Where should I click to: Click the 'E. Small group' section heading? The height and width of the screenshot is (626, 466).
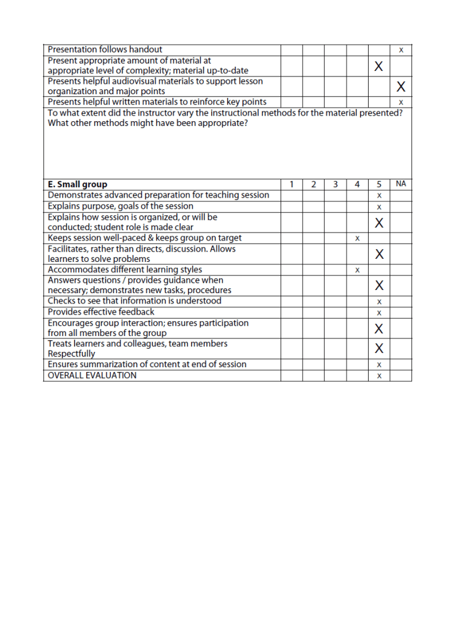coord(77,184)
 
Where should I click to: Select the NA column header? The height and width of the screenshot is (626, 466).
coord(401,183)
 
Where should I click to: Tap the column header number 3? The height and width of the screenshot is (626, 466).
coord(335,184)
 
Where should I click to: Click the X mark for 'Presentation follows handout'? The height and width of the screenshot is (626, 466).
coord(401,50)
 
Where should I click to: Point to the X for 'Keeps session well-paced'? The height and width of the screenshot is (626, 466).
coord(357,238)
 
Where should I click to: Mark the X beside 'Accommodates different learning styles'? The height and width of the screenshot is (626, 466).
coord(357,270)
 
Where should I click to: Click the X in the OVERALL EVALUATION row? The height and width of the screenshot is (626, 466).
coord(379,376)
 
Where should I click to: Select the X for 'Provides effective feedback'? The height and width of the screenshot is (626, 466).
coord(379,313)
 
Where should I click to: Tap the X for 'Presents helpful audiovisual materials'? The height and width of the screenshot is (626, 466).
coord(401,86)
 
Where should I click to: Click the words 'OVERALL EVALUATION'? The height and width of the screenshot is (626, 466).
coord(92,375)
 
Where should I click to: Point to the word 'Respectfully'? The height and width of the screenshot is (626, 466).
coord(72,354)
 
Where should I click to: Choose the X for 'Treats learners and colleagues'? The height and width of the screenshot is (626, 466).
coord(379,349)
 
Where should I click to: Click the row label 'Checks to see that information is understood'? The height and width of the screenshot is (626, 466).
coord(135,301)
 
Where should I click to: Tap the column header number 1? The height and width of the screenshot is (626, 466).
coord(291,184)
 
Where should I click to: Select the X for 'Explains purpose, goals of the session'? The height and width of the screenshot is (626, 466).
coord(379,207)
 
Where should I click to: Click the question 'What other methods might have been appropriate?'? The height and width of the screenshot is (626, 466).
coord(148,123)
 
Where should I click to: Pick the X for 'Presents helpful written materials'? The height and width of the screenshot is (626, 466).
coord(401,102)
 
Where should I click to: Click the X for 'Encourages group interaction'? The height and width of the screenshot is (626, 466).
coord(379,329)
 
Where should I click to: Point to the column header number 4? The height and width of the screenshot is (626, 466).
coord(357,184)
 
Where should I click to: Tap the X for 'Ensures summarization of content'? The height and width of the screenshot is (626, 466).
coord(379,365)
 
